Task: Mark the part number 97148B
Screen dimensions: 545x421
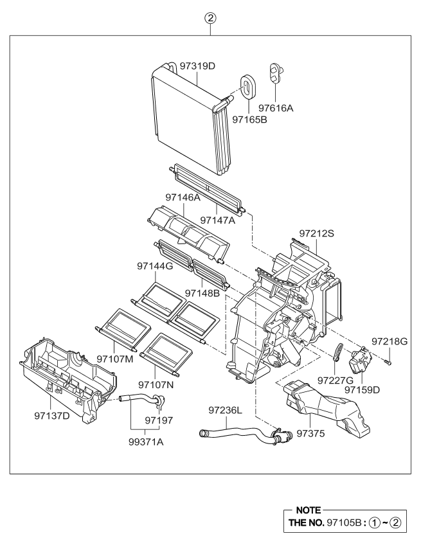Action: coord(202,293)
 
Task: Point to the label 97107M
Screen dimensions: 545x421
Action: coord(114,359)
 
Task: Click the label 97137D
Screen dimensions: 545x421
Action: coord(52,415)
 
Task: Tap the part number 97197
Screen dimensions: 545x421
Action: coord(159,419)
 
